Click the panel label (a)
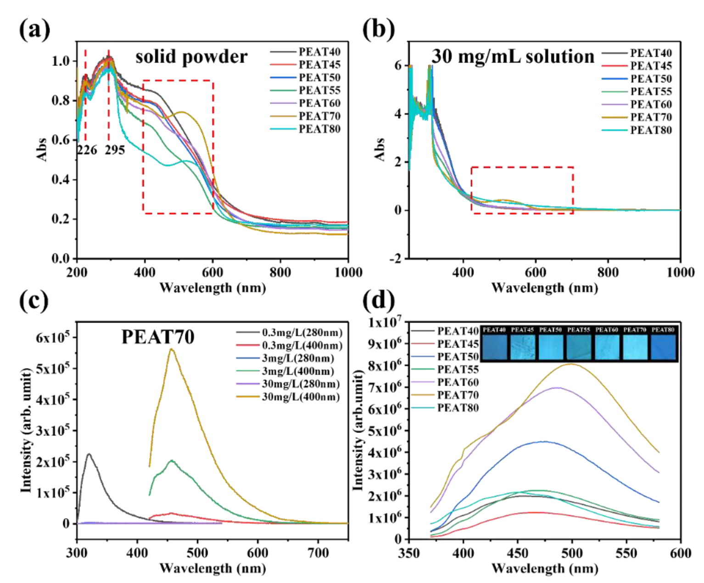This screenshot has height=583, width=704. (x=34, y=30)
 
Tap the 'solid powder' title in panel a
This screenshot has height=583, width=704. (x=191, y=56)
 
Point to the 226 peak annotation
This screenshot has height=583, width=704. (x=87, y=150)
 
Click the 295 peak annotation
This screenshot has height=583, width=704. (x=115, y=150)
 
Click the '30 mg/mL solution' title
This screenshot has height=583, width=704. (x=512, y=56)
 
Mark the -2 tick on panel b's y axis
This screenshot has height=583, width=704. (x=395, y=258)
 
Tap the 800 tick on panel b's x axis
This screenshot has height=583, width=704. (x=608, y=272)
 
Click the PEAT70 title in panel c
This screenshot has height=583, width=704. (x=158, y=337)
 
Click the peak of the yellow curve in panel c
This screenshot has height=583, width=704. (x=172, y=349)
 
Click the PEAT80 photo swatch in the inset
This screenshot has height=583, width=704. (x=663, y=347)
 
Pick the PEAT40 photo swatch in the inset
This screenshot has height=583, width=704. (x=494, y=347)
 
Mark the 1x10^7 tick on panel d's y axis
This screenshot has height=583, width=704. (x=384, y=323)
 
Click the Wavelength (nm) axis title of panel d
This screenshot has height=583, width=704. (x=544, y=569)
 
